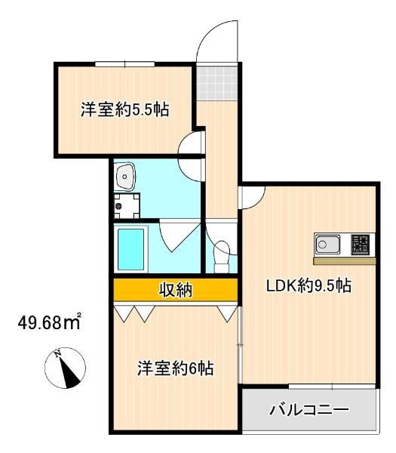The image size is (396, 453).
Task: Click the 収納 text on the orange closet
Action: point(175,289)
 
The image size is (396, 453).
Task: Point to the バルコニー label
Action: point(309,411)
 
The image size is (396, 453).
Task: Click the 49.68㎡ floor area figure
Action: point(50,324)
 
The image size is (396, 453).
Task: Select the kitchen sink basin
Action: point(328,244)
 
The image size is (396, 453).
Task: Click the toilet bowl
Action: point(223,254)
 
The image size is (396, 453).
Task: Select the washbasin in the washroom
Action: point(125,176)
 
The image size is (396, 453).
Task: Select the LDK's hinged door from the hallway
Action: point(252,196)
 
